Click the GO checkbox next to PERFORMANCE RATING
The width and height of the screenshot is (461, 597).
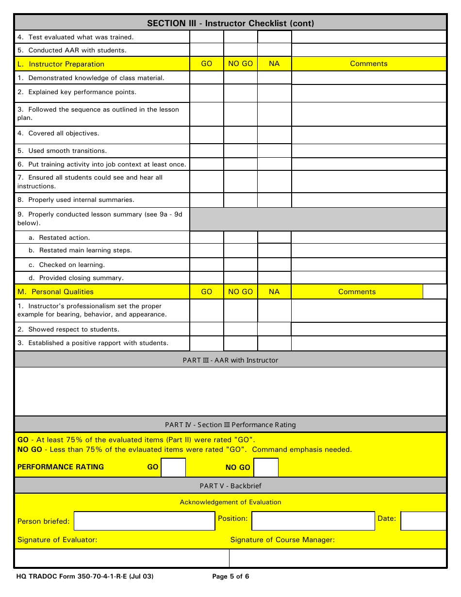coord(173,467)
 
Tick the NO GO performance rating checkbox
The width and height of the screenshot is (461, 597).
coord(266,467)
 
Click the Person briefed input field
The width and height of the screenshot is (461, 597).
coord(144,521)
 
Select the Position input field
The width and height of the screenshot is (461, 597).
coord(313,521)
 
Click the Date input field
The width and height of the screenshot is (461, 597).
coord(423,521)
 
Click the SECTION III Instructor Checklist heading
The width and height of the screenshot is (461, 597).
coord(230,23)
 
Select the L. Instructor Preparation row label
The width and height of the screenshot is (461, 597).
coord(66,64)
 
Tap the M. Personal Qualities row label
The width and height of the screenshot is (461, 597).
coord(63,292)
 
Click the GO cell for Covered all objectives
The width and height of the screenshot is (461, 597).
coord(206,135)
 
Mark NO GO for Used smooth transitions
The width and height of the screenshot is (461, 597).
coord(240,151)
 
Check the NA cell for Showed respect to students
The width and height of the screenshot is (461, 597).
coord(274,329)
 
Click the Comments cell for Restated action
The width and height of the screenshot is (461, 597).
coord(369,237)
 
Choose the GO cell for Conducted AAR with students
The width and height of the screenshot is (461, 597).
coord(206,50)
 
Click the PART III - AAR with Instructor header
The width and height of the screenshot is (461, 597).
coord(230,360)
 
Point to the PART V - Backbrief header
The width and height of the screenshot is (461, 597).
coord(230,485)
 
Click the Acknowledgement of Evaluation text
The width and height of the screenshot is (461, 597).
coord(230,502)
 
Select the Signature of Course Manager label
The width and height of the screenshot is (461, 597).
coord(282,540)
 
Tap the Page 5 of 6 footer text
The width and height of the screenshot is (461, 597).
coord(230,577)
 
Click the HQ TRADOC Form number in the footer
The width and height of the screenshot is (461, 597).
coord(85,577)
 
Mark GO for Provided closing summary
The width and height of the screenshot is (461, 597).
coord(206,278)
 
